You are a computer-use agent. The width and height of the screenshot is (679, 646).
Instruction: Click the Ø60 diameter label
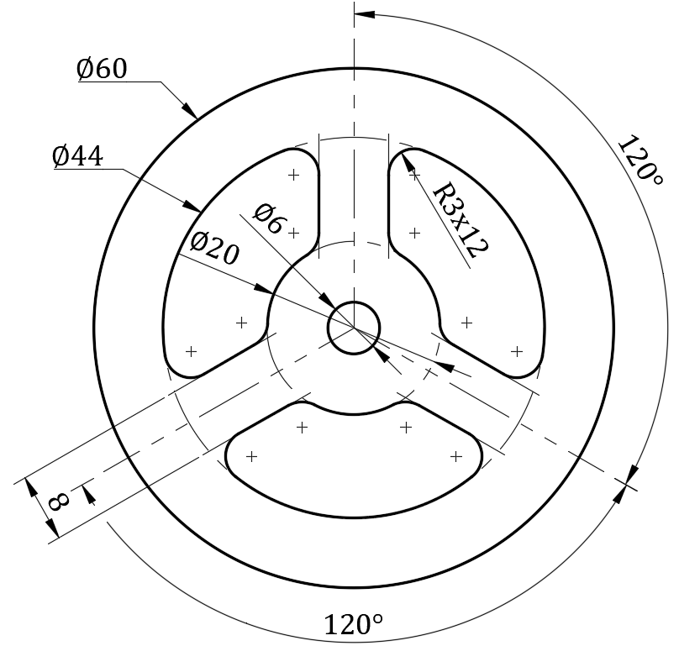[102, 69]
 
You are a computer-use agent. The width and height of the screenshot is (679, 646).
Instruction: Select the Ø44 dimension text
[77, 156]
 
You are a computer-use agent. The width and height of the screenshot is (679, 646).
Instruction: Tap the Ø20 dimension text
[213, 248]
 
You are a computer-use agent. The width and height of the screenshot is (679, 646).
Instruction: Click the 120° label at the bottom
[353, 625]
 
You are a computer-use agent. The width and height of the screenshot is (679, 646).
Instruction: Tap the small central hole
[354, 326]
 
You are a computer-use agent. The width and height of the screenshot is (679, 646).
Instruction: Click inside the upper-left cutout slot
[235, 269]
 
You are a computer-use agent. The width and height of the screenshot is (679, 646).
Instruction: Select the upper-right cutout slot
[471, 269]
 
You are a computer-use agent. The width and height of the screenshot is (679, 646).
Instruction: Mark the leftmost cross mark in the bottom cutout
[251, 456]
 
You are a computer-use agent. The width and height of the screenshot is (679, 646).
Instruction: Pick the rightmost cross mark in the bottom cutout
[456, 456]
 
